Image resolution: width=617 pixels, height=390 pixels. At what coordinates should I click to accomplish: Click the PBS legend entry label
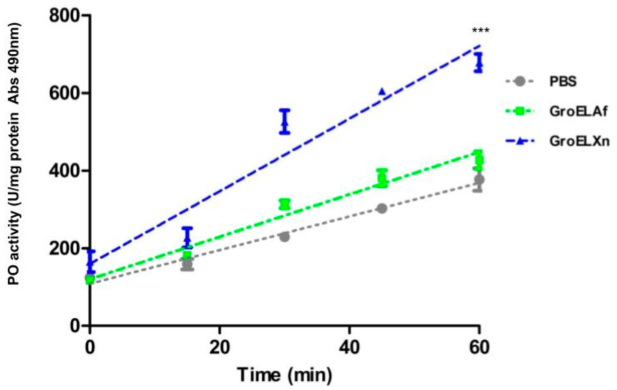point(563,82)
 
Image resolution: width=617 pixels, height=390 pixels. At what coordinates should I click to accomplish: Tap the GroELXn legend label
point(579,141)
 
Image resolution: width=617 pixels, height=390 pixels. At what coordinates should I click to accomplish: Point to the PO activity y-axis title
point(14,154)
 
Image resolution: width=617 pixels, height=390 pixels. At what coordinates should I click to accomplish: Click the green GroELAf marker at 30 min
point(285,204)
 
